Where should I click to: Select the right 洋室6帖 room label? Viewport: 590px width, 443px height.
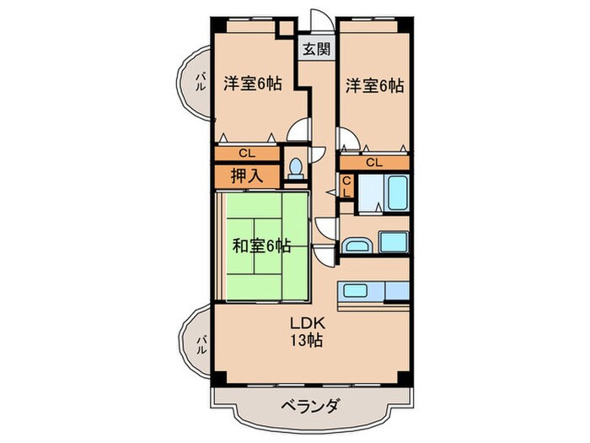coord(373,85)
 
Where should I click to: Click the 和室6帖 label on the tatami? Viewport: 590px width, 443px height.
coord(262,246)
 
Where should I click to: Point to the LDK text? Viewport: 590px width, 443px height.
coord(307,323)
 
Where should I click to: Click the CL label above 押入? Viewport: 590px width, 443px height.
coord(245,154)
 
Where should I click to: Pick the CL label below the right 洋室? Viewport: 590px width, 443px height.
coord(373,161)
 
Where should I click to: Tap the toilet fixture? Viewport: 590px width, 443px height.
coord(296,168)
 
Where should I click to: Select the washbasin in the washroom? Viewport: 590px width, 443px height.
coord(356,246)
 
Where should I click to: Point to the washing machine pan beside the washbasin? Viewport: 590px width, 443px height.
coord(393,242)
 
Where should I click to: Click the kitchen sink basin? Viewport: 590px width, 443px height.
coord(355,292)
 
